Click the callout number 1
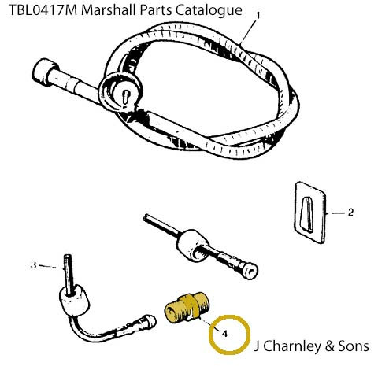tap(258, 16)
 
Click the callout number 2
tap(350, 213)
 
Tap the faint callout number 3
tap(33, 265)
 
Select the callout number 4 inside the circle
tap(224, 334)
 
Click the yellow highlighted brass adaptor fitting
tap(187, 308)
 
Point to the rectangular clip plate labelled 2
tap(309, 213)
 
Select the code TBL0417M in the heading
tap(43, 10)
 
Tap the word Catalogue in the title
tap(209, 11)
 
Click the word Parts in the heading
tap(156, 10)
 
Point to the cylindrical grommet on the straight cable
tap(193, 246)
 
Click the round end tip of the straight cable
tap(250, 271)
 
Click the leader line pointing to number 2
tap(337, 213)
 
